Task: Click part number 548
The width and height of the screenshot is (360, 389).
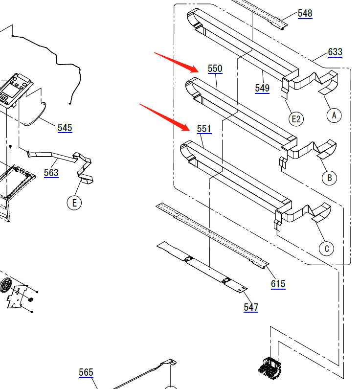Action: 305,13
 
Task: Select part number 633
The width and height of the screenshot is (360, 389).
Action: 335,52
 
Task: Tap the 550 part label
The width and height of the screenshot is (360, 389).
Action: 215,69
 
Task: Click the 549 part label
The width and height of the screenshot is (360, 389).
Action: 262,88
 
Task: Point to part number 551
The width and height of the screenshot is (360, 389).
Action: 204,129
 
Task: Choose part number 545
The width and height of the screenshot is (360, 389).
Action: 65,128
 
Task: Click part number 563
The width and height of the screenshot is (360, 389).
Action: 51,172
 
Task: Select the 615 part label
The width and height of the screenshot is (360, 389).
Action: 278,284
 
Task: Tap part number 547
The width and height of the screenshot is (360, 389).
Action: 251,307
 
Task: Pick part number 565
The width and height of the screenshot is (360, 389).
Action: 86,372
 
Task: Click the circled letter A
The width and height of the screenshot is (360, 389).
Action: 334,115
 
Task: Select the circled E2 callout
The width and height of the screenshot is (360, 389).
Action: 296,118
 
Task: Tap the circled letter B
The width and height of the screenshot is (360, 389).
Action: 329,177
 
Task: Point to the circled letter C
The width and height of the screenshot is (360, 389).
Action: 327,249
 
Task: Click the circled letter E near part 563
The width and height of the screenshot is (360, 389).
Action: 74,203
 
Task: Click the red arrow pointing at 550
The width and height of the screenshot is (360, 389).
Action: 177,62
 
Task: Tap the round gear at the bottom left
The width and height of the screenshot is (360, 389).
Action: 6,285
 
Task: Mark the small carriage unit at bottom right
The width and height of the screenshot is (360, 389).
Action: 269,367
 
